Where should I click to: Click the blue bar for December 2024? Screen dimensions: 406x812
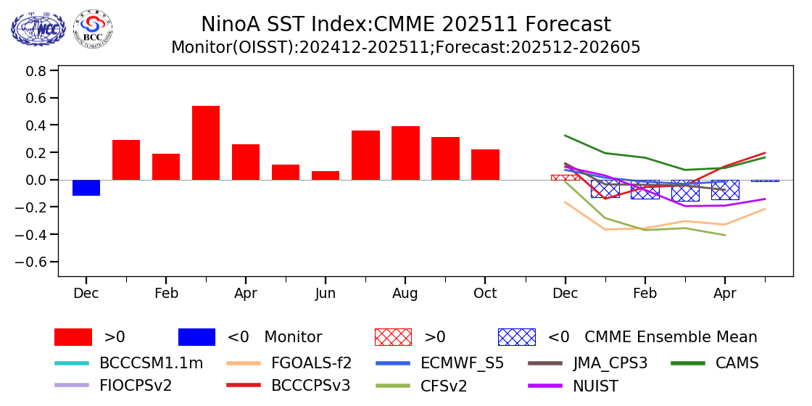86,188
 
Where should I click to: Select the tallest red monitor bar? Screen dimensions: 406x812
206,143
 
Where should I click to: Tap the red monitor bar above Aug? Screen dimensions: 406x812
405,153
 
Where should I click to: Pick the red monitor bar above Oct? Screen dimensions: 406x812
485,165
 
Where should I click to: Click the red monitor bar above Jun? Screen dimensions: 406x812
326,175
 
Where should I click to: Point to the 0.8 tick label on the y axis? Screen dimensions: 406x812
38,71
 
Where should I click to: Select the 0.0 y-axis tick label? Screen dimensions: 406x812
38,180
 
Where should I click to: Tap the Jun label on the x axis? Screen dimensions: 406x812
326,293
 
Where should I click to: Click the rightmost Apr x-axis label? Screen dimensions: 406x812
724,293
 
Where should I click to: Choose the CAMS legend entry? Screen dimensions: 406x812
737,362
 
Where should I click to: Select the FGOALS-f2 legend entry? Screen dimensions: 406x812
311,362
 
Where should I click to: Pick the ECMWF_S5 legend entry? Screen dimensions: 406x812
463,362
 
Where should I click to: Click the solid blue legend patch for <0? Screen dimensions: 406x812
196,337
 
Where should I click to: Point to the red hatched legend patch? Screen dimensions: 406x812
393,337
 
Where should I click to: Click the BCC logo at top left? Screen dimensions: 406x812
93,29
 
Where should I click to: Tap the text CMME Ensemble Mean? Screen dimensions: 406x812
671,337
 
